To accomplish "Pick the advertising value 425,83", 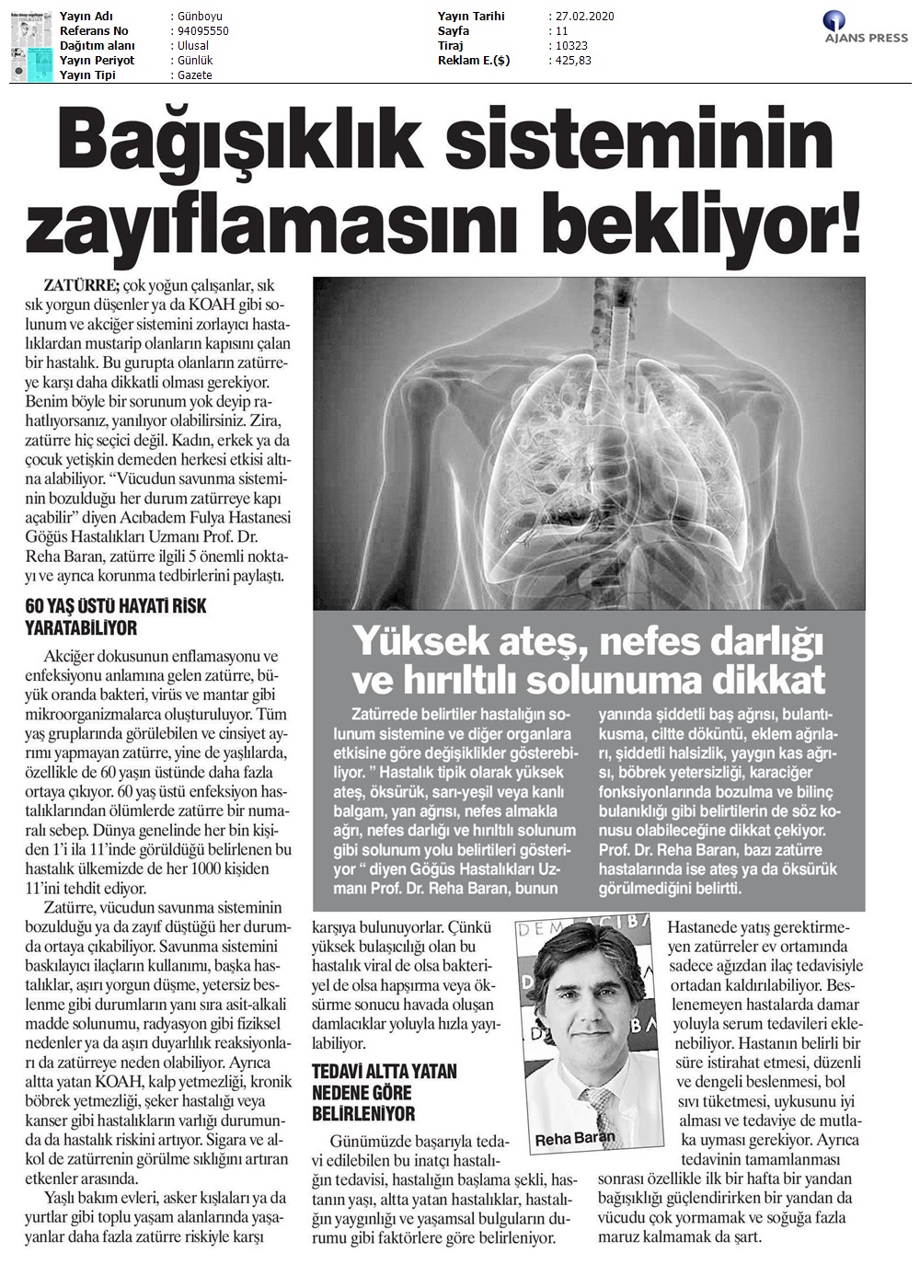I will point(573,61).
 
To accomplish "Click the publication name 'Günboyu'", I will point(196,17).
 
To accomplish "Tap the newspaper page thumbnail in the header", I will point(31,47).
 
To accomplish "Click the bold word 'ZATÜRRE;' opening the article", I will point(81,285).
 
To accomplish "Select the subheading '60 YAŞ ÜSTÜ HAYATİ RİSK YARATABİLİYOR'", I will point(115,617).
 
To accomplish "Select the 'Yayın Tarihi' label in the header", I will point(471,17).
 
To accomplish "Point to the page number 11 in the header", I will point(562,31).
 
